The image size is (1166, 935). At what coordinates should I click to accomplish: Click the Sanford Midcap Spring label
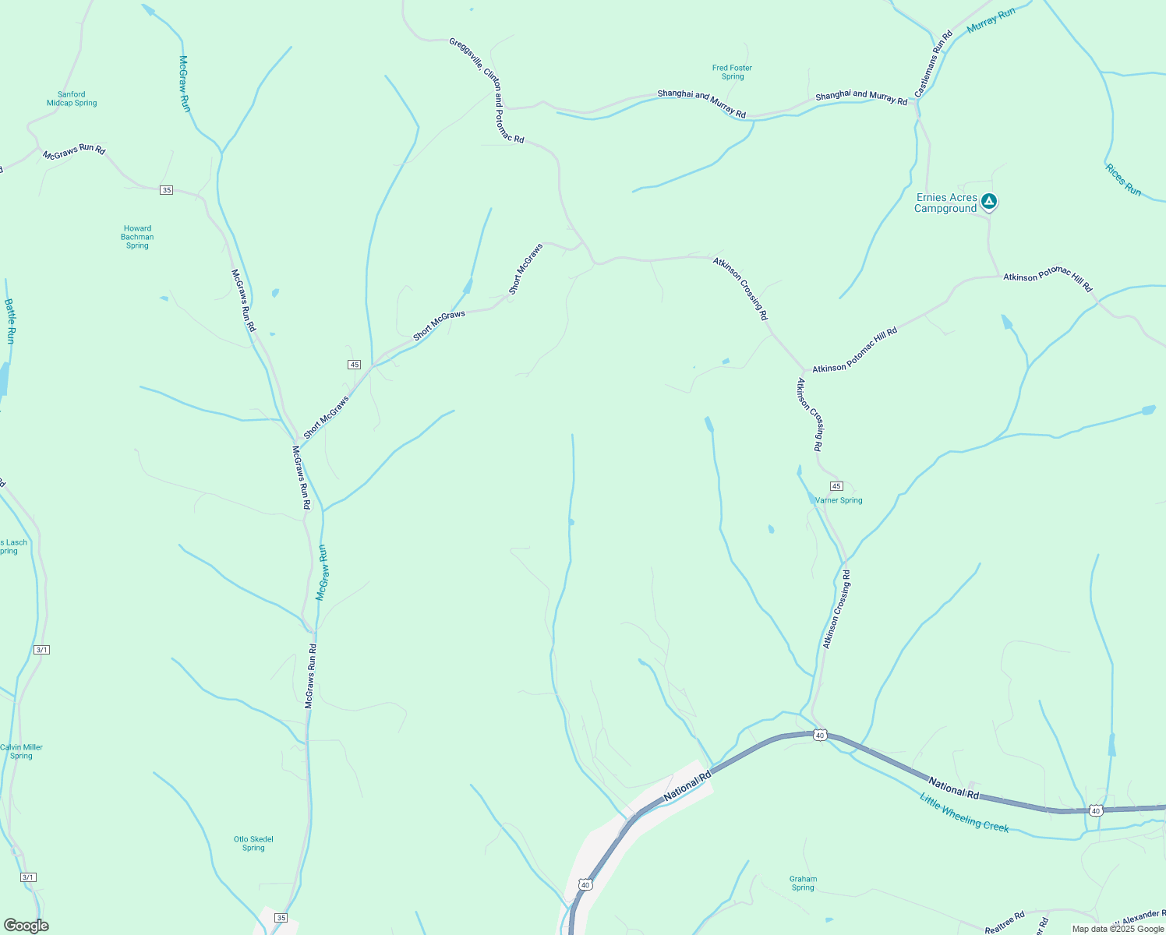pyautogui.click(x=72, y=99)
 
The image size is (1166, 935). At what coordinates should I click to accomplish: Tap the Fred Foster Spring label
pyautogui.click(x=732, y=72)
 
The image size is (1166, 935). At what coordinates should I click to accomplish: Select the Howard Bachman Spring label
pyautogui.click(x=137, y=237)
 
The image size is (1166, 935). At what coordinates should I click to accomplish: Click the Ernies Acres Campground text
pyautogui.click(x=945, y=203)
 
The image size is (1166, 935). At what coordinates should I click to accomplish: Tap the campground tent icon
pyautogui.click(x=989, y=201)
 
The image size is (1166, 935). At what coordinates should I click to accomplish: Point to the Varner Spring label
pyautogui.click(x=839, y=501)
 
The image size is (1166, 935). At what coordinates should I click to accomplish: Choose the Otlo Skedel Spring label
pyautogui.click(x=253, y=844)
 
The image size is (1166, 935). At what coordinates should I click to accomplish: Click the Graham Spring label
pyautogui.click(x=803, y=884)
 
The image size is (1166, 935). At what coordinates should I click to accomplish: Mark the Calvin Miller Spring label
pyautogui.click(x=21, y=752)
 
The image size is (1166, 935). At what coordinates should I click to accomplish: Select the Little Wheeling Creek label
pyautogui.click(x=964, y=813)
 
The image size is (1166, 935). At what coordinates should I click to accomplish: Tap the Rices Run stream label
pyautogui.click(x=1122, y=180)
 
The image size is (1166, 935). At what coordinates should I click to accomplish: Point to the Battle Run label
pyautogui.click(x=9, y=321)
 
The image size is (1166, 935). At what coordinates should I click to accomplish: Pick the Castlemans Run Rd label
pyautogui.click(x=934, y=64)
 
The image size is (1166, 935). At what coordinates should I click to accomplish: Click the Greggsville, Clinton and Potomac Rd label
pyautogui.click(x=486, y=90)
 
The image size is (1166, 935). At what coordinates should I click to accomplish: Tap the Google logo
pyautogui.click(x=26, y=926)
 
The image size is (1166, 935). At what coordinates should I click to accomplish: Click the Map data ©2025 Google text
pyautogui.click(x=1118, y=929)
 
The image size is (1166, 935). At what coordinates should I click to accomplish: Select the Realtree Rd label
pyautogui.click(x=1005, y=923)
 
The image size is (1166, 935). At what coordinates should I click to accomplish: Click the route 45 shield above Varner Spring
pyautogui.click(x=836, y=486)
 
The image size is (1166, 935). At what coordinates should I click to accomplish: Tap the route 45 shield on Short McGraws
pyautogui.click(x=355, y=365)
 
